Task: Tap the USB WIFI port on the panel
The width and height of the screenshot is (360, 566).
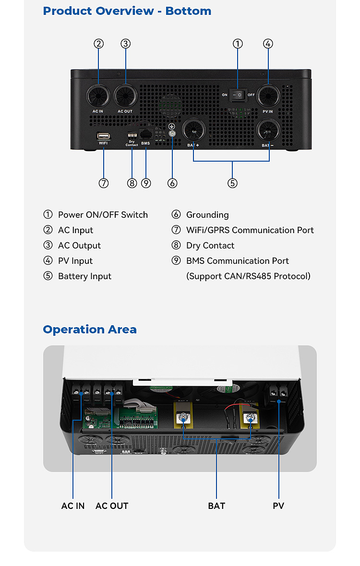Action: pos(103,135)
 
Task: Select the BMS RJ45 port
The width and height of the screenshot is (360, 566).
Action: pos(145,134)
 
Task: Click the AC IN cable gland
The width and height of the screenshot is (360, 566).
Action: pos(98,96)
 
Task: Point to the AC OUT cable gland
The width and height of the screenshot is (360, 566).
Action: pos(126,96)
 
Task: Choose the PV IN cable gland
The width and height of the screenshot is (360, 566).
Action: pos(268,96)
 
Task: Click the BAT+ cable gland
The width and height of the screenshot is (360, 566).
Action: pos(194,130)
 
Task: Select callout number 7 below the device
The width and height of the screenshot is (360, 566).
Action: pos(104,183)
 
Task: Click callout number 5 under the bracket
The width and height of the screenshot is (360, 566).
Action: pos(232,183)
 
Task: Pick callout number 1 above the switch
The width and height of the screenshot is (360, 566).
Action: pos(238,44)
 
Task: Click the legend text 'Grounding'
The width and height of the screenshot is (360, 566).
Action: pos(207,215)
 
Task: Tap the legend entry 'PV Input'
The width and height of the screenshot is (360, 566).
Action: pos(75,261)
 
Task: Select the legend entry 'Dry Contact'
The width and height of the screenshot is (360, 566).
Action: pos(210,246)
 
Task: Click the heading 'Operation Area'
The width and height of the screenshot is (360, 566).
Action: pos(90,330)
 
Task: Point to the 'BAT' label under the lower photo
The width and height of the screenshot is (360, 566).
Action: pos(216,506)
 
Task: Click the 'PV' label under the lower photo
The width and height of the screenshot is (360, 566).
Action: pos(278,506)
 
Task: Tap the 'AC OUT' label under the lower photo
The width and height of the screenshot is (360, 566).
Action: pos(112,506)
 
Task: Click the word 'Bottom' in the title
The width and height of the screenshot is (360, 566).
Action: pos(188,11)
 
